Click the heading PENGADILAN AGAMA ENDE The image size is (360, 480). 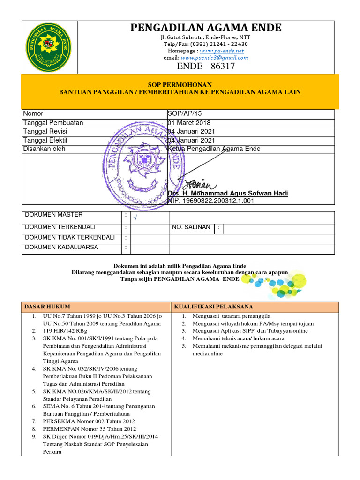pyautogui.click(x=206, y=28)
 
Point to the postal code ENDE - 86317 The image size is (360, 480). pyautogui.click(x=205, y=67)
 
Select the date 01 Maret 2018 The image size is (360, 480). pyautogui.click(x=189, y=123)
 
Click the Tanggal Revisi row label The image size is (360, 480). pyautogui.click(x=47, y=132)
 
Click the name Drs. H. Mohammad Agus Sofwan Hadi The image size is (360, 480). pyautogui.click(x=228, y=194)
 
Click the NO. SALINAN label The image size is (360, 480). pyautogui.click(x=191, y=227)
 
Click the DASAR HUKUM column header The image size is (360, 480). pyautogui.click(x=43, y=307)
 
